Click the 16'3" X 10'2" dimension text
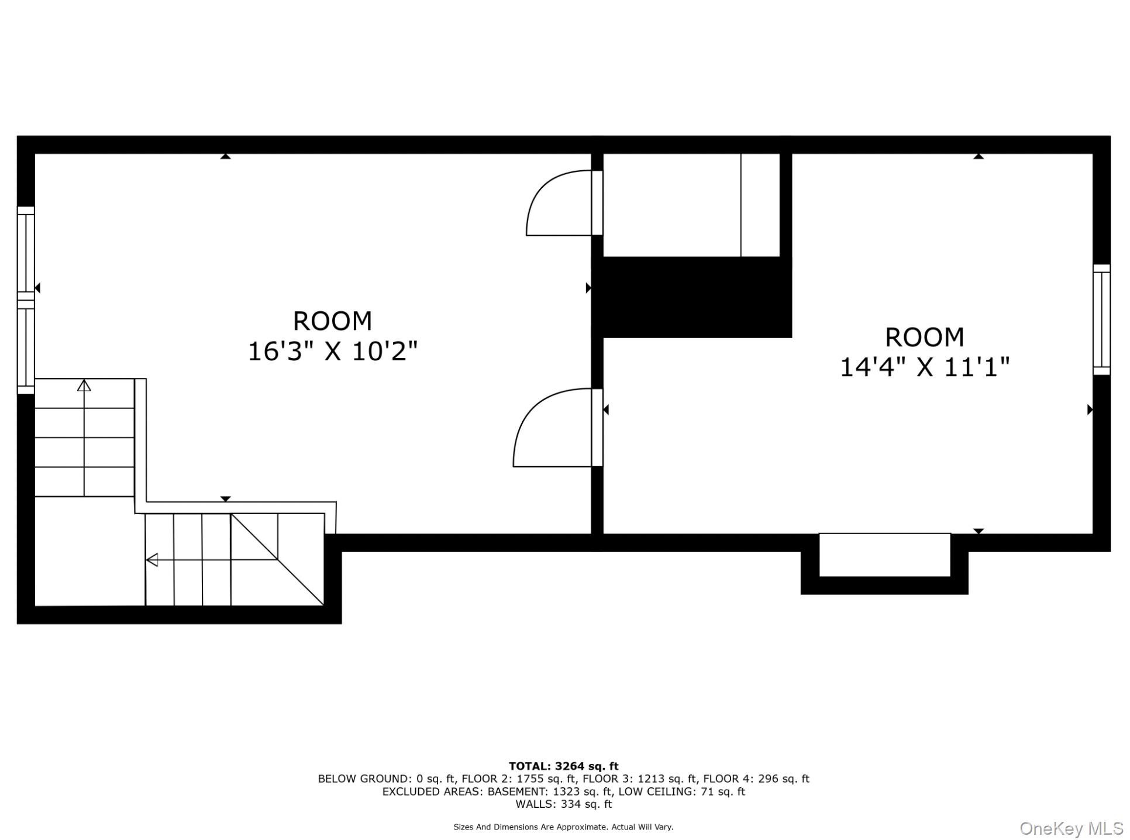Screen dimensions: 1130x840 click(333, 352)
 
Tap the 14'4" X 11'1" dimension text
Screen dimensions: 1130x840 click(925, 367)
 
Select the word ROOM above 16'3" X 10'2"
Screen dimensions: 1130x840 click(332, 321)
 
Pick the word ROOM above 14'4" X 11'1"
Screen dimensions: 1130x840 click(924, 337)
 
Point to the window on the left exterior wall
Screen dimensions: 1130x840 click(26, 300)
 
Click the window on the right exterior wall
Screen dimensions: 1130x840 click(1102, 319)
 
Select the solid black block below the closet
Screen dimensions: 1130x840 click(692, 297)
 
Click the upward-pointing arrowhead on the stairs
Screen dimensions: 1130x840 click(84, 385)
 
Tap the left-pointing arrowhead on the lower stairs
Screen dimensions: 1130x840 click(151, 560)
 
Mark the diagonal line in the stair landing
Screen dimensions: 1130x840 click(277, 559)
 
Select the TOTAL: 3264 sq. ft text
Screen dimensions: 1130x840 click(563, 766)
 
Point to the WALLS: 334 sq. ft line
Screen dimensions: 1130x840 click(564, 804)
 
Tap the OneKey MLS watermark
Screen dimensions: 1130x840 click(1072, 829)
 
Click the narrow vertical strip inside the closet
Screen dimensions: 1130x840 click(760, 205)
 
